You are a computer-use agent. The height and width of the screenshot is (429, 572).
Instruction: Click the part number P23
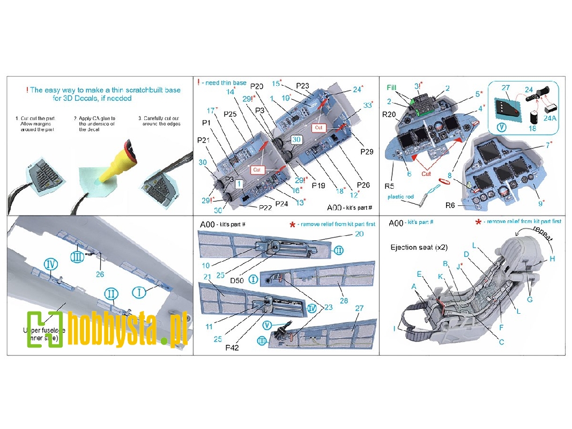(302, 85)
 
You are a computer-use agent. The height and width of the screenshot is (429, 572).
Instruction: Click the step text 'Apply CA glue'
(94, 119)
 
